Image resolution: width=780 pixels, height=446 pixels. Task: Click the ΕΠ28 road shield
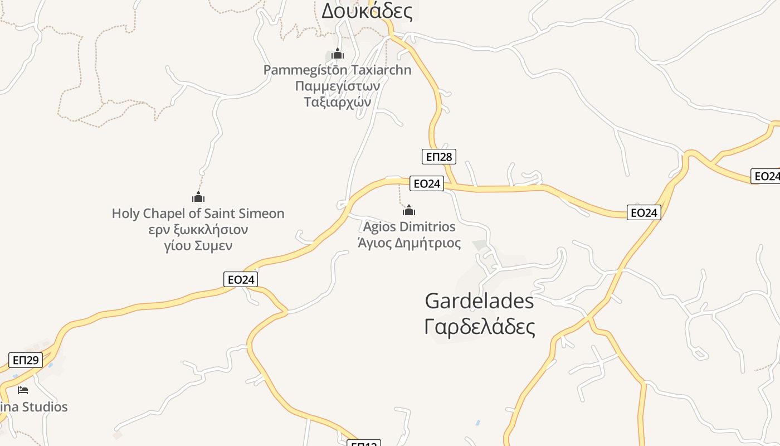click(438, 157)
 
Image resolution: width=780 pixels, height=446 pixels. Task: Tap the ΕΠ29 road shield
click(25, 360)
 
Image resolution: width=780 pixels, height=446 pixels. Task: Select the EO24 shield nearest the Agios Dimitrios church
click(426, 183)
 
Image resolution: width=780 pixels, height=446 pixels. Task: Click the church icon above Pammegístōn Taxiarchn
click(337, 54)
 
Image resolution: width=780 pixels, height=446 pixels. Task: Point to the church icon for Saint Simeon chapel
click(198, 197)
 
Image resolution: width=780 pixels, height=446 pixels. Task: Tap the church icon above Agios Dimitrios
click(409, 210)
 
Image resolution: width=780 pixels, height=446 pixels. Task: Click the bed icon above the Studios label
click(23, 390)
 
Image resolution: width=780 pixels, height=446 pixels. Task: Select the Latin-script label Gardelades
click(479, 301)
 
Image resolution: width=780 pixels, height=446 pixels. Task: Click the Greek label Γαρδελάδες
click(479, 327)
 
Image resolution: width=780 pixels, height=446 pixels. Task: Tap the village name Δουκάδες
click(367, 11)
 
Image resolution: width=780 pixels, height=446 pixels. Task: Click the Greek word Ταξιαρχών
click(337, 102)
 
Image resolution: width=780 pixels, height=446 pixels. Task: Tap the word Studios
click(45, 407)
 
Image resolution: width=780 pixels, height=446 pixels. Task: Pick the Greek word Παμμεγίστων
click(337, 86)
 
